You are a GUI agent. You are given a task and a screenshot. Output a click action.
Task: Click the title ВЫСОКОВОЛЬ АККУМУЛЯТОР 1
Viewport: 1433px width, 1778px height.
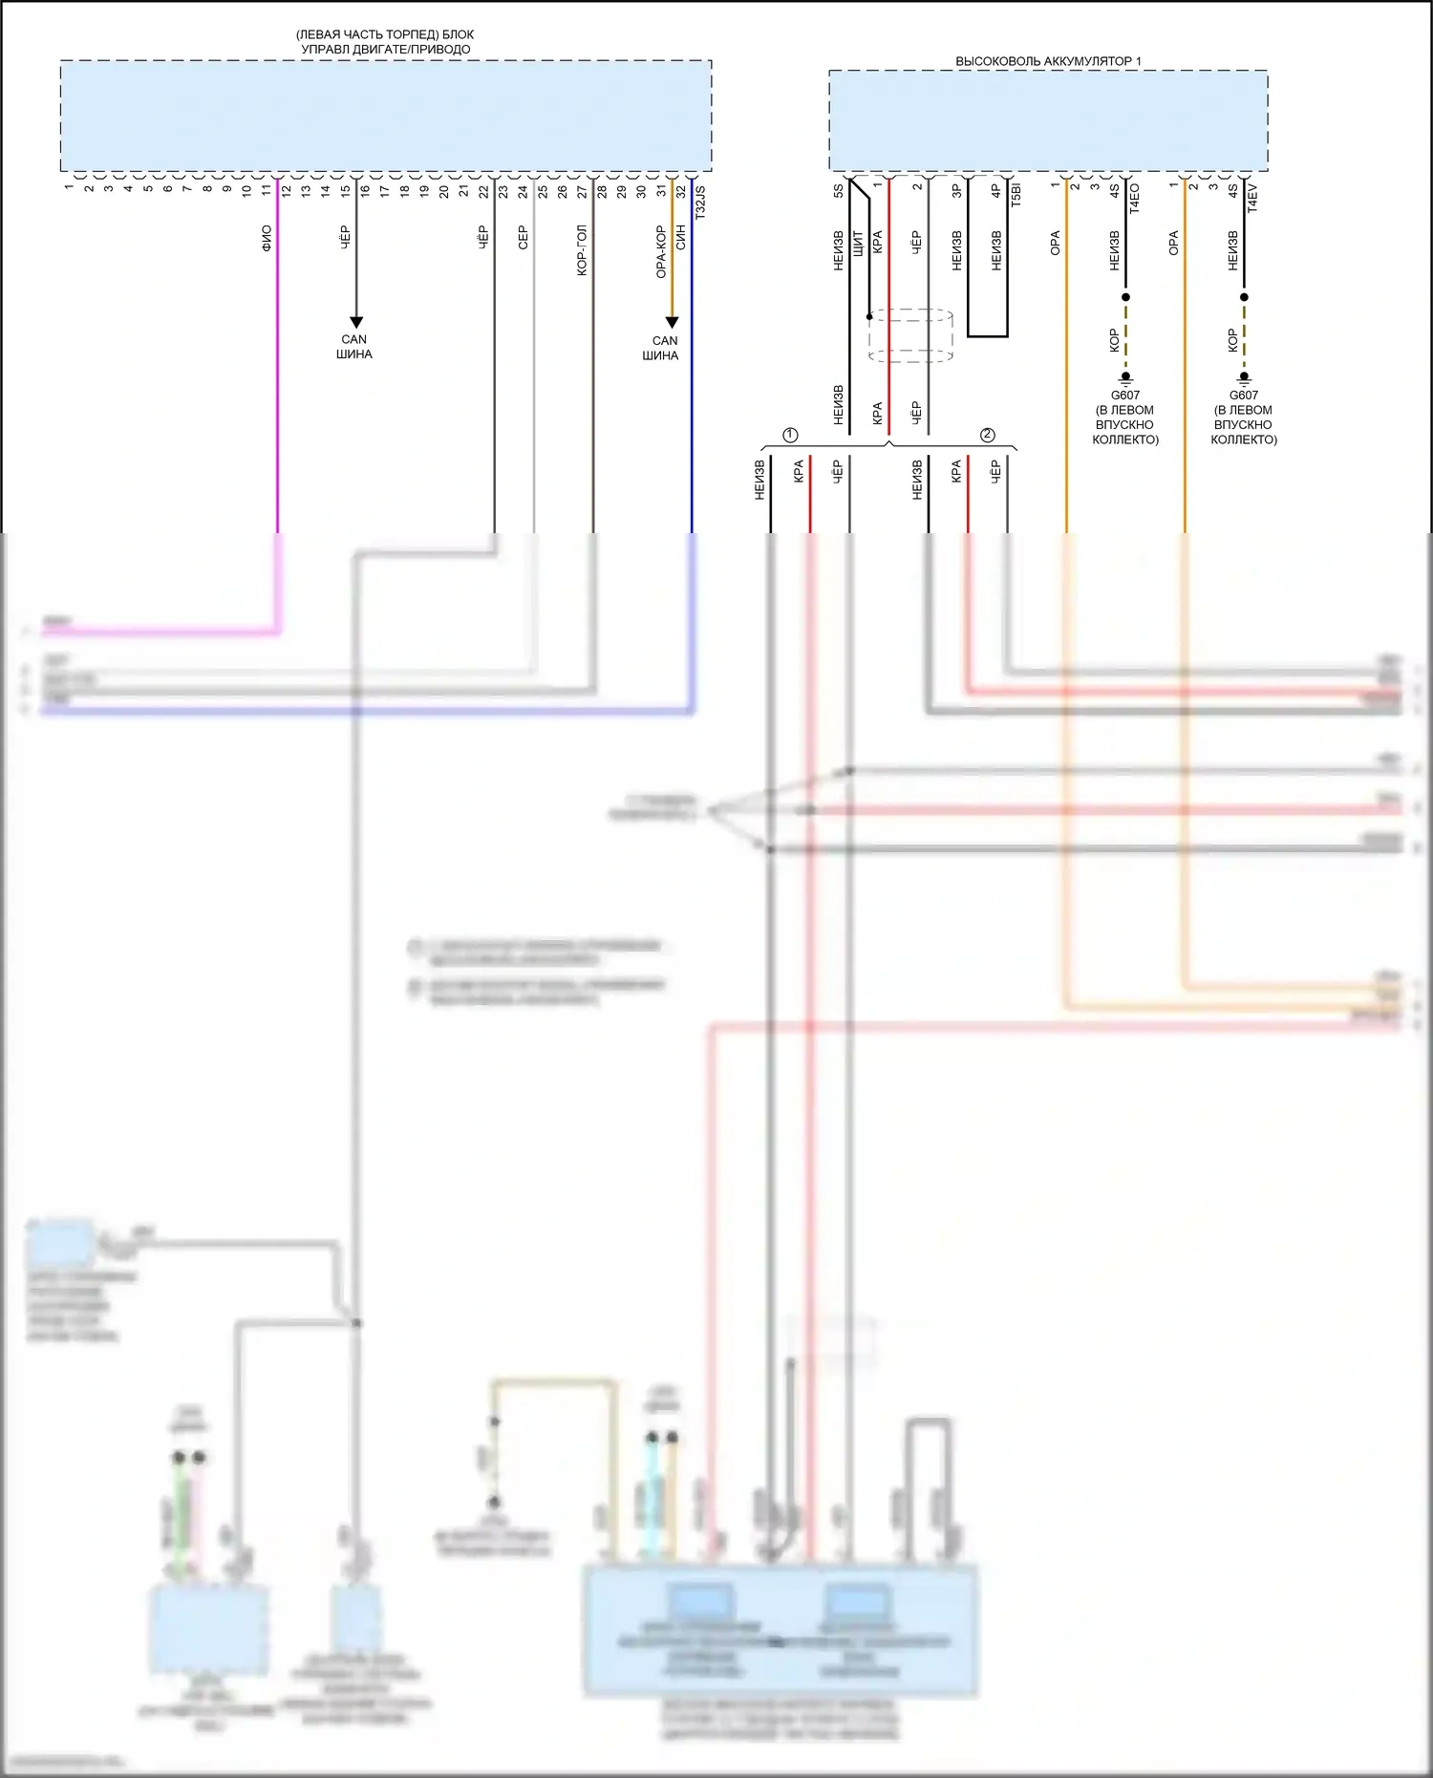point(1048,61)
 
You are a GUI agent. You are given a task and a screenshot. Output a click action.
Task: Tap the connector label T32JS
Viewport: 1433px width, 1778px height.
point(700,203)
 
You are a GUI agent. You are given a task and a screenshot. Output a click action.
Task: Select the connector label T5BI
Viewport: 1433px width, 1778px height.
point(1016,195)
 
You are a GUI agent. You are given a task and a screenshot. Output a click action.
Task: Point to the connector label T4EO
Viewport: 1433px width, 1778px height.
point(1135,197)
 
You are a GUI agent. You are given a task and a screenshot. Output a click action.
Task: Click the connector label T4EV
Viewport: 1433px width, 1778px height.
point(1253,197)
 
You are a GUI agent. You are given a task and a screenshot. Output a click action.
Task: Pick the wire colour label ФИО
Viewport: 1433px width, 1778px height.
point(267,238)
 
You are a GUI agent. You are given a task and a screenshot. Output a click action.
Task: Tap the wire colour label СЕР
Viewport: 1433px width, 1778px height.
point(523,238)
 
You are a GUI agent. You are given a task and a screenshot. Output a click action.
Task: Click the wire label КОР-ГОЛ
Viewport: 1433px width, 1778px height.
point(582,251)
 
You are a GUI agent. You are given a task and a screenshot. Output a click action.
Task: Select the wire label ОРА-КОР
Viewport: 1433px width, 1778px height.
point(660,252)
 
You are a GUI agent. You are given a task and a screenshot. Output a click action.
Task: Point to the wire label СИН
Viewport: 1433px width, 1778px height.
point(681,238)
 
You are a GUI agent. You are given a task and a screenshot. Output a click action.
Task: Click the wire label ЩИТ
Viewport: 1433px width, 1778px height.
point(858,244)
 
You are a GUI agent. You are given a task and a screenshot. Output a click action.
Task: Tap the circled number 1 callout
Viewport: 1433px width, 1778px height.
point(790,436)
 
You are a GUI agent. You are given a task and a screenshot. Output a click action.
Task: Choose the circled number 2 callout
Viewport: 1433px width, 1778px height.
point(988,436)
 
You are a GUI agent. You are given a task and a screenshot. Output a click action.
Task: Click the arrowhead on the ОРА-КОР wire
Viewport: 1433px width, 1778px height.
point(672,322)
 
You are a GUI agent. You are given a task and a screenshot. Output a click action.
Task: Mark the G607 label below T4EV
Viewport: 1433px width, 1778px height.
point(1244,395)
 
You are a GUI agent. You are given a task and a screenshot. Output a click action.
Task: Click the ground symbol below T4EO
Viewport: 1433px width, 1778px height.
point(1125,378)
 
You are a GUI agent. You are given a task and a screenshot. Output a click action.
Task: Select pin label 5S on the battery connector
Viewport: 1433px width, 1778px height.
point(839,190)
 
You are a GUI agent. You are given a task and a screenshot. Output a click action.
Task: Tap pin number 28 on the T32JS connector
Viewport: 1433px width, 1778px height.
point(602,190)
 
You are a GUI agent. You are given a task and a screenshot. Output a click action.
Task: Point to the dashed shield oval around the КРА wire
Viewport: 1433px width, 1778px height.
point(910,335)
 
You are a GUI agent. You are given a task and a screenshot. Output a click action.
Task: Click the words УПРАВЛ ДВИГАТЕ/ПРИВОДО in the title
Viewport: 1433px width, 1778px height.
point(386,49)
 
